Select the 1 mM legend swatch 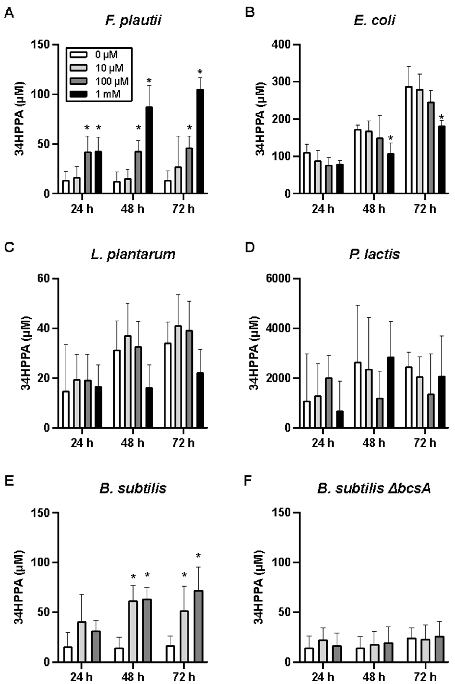[x=79, y=94]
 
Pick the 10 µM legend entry [x=109, y=68]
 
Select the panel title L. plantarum [x=133, y=254]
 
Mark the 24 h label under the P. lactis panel [x=323, y=443]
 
